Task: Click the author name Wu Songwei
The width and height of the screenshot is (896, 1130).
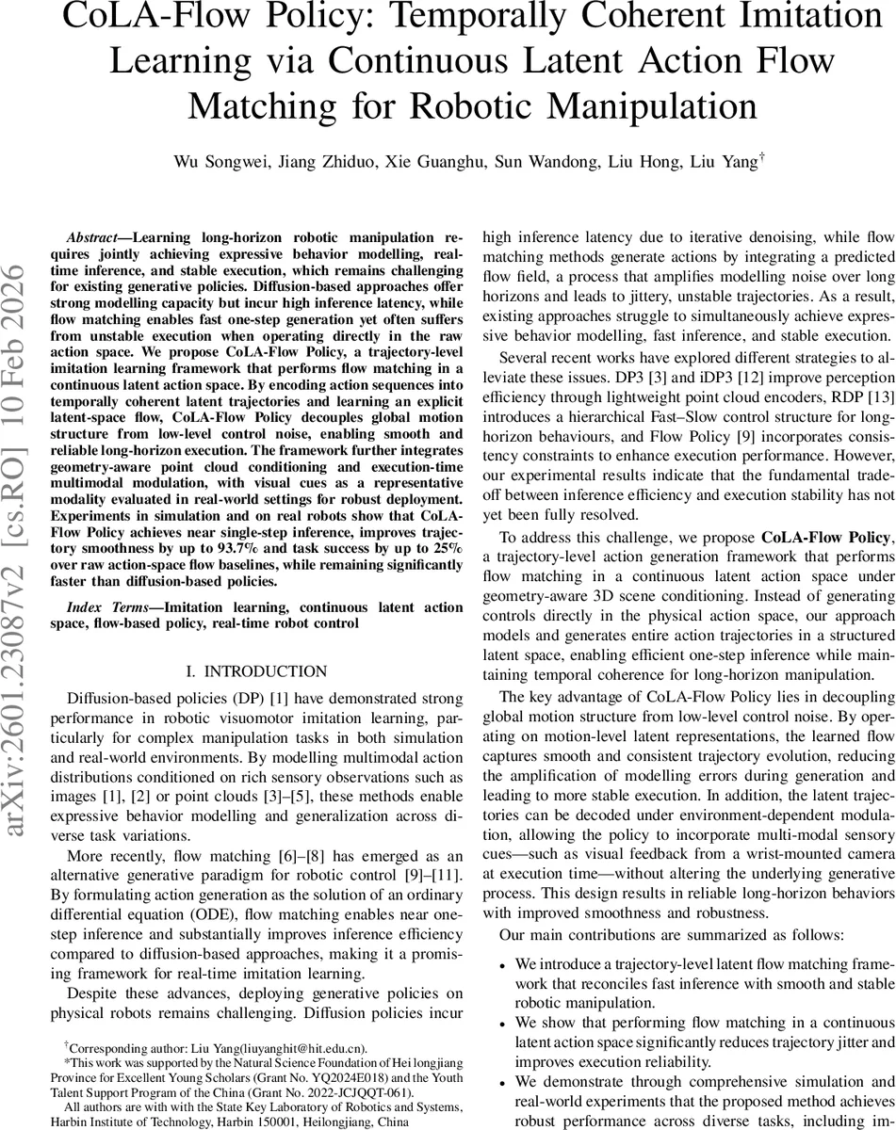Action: pyautogui.click(x=212, y=163)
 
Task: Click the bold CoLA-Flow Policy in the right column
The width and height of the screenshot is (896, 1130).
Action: pyautogui.click(x=825, y=511)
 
